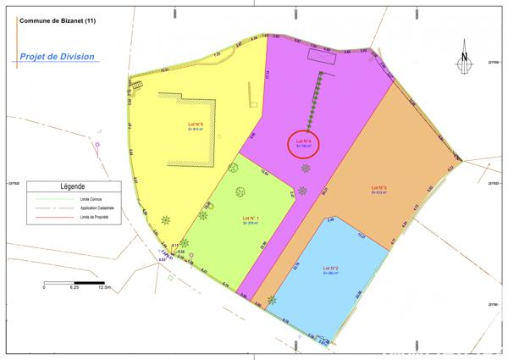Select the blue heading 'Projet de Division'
tap(57, 57)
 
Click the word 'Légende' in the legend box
tap(74, 186)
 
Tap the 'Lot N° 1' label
tap(251, 219)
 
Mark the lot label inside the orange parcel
tap(379, 187)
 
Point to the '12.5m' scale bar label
tap(105, 287)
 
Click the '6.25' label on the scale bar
tap(75, 287)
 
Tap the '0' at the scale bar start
tap(44, 287)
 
